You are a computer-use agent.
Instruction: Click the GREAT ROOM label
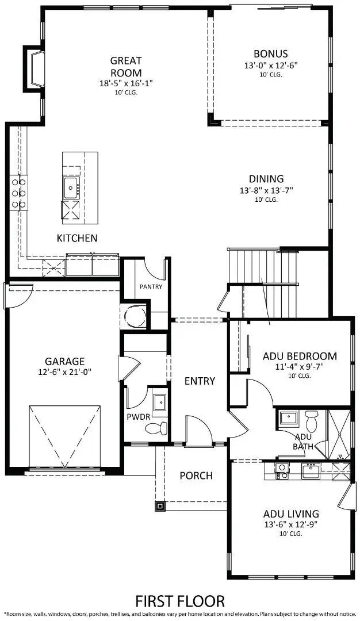pos(126,67)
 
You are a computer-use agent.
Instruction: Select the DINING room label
pos(266,179)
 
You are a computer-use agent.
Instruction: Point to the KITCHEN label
pos(76,238)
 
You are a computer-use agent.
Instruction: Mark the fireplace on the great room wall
pos(34,68)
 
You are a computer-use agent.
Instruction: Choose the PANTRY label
pos(151,286)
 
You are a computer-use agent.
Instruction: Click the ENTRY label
pos(200,381)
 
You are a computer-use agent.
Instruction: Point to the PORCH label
pos(196,476)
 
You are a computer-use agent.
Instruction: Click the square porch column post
pos(159,506)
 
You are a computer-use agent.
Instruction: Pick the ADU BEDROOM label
pos(300,356)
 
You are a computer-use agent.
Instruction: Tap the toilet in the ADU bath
pos(311,421)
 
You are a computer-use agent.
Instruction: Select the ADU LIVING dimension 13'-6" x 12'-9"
pos(291,524)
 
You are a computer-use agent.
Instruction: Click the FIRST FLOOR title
pos(180,601)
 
